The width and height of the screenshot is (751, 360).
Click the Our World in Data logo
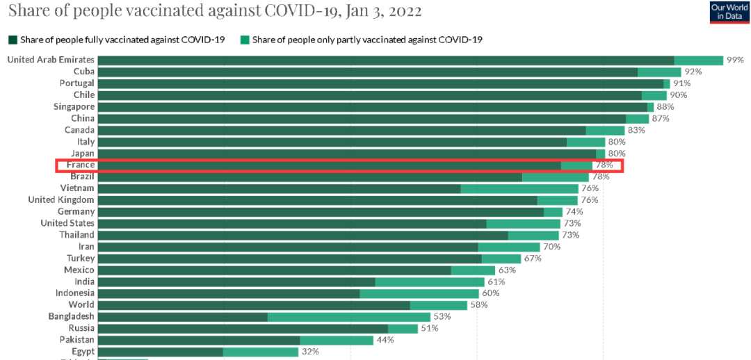point(729,12)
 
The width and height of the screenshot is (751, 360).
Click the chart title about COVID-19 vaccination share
point(214,12)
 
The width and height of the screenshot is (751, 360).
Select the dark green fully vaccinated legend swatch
point(12,40)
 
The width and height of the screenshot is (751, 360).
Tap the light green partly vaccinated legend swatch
point(245,40)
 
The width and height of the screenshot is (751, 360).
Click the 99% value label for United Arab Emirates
point(735,60)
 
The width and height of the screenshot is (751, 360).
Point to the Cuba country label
point(84,72)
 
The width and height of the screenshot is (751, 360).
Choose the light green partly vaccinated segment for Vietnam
point(519,188)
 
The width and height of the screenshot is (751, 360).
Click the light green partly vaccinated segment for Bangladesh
point(349,317)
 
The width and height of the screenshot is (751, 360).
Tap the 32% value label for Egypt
point(309,352)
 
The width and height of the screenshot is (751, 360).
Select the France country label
point(81,165)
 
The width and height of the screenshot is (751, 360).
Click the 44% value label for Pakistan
point(385,340)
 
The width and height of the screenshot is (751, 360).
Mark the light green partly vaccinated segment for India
point(430,281)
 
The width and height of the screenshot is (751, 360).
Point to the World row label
point(81,305)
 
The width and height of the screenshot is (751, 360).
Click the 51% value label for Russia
point(429,328)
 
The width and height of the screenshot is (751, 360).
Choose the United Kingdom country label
point(61,200)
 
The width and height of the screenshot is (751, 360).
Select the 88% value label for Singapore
point(665,107)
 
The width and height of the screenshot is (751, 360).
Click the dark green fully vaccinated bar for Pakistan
point(198,340)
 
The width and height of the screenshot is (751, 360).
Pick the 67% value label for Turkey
point(533,259)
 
